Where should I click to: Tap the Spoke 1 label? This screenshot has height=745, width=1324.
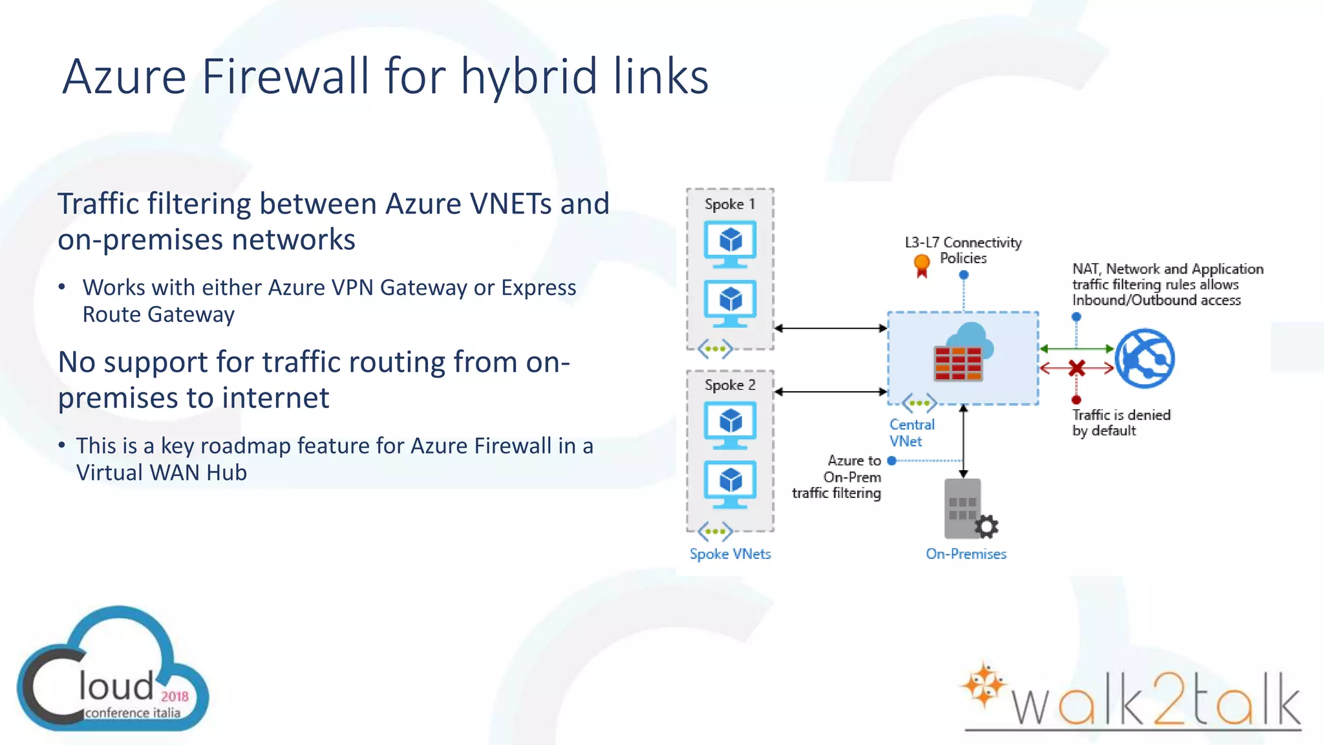(729, 204)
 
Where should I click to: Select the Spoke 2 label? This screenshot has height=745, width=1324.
(729, 385)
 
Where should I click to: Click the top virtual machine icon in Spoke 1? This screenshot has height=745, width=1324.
(730, 244)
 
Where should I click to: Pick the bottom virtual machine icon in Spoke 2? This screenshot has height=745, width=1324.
(730, 484)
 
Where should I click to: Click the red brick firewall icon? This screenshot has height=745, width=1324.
(958, 363)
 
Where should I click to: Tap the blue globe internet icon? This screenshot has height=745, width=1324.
(1145, 358)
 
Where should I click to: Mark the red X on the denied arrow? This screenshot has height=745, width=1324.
(1076, 369)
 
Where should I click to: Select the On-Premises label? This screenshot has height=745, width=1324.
(966, 554)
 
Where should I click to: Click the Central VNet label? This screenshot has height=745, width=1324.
(912, 433)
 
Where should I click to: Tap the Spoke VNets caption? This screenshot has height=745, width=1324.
(730, 554)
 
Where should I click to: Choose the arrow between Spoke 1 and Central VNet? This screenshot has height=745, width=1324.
(830, 329)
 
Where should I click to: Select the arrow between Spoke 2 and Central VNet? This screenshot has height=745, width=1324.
(830, 392)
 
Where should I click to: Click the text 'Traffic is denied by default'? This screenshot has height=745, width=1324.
(1121, 423)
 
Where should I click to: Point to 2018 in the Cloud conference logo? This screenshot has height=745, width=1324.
(175, 696)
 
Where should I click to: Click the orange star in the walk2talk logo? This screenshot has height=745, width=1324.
(983, 685)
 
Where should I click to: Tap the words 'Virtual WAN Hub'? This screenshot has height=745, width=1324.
(162, 473)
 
